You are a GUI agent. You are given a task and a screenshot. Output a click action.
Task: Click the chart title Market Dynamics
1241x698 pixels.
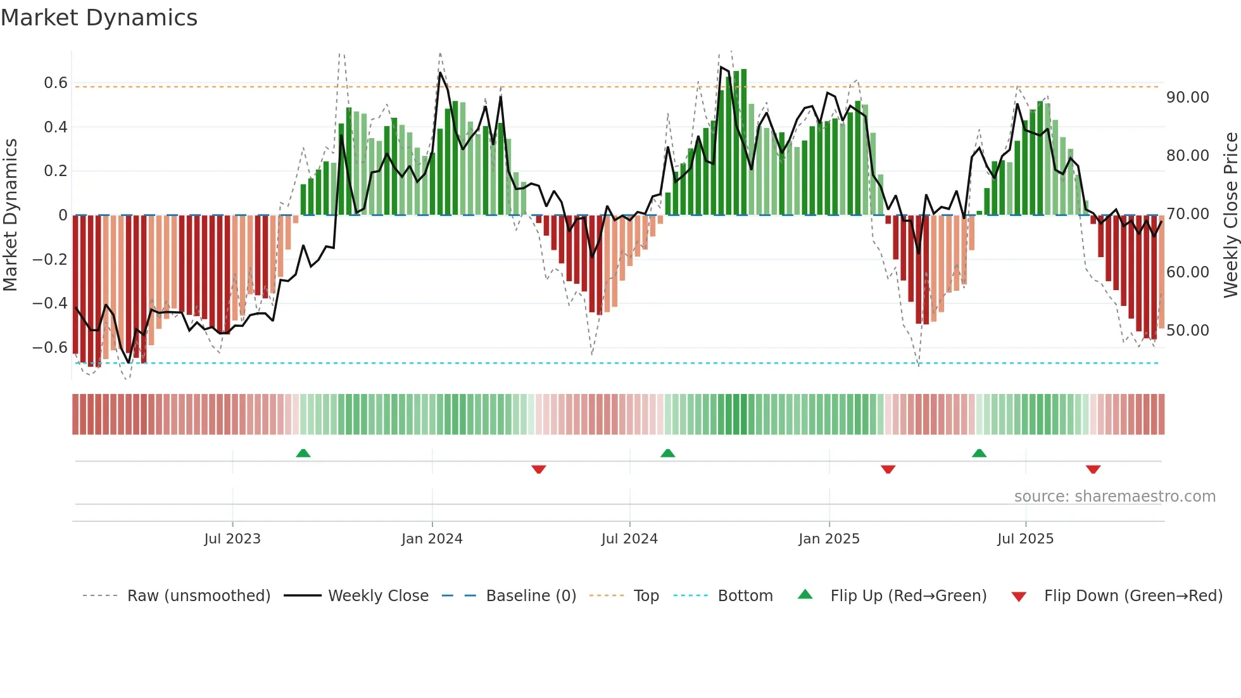coord(99,18)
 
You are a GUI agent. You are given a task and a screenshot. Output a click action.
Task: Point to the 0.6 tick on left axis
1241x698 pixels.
coord(56,83)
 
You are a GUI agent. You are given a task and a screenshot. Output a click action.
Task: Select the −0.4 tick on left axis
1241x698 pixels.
coord(50,303)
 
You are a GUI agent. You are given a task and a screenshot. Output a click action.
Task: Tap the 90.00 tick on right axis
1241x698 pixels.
coord(1188,98)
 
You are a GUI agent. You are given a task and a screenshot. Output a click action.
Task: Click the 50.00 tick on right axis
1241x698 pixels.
coord(1188,331)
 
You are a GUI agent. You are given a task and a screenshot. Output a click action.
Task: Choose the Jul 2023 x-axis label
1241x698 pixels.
coord(232,539)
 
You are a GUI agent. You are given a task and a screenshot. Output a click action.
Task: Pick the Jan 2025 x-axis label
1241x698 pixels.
coord(829,539)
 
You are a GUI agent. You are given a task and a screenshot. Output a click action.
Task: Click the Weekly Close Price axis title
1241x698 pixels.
coord(1230,215)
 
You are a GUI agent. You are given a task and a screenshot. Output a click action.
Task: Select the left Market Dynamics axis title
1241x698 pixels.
coord(11,215)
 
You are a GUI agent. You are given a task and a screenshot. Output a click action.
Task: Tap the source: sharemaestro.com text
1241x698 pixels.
coord(1114,497)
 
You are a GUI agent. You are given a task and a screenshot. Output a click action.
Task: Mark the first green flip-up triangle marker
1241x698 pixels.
coord(303,453)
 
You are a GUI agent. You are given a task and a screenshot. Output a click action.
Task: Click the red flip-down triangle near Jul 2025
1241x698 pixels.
coord(1093,469)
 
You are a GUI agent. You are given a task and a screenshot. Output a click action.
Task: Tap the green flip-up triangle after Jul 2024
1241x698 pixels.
coord(667,453)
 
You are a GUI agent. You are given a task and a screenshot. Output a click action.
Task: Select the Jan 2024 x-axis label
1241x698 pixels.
coord(432,539)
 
